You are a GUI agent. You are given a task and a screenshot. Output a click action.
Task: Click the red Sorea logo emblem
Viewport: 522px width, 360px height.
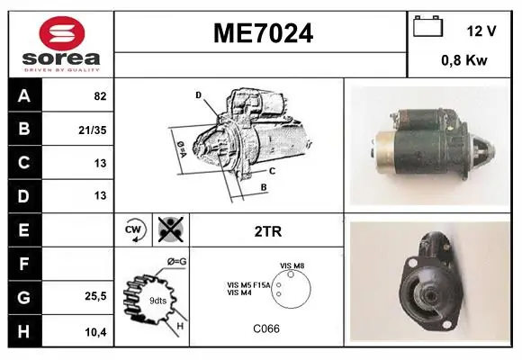(x=62, y=33)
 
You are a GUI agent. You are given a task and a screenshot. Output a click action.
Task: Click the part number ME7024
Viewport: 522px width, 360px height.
(x=263, y=33)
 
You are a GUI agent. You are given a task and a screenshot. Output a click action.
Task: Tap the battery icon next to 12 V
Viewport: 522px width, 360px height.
(x=427, y=26)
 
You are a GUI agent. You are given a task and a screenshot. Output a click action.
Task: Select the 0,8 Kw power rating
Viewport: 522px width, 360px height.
(x=464, y=60)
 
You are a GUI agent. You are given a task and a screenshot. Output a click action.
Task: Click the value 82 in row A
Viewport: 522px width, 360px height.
(x=100, y=96)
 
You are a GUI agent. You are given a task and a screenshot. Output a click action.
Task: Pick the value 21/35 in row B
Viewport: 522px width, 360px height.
(x=93, y=130)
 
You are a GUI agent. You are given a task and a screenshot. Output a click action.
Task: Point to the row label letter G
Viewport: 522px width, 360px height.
(x=24, y=297)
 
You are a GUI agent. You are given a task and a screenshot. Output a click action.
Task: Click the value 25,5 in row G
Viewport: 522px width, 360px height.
(x=95, y=296)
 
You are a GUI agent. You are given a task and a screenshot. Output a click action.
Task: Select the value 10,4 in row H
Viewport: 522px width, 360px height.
(x=95, y=332)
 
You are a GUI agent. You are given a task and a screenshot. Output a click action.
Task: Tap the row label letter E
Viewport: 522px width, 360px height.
(x=23, y=229)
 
